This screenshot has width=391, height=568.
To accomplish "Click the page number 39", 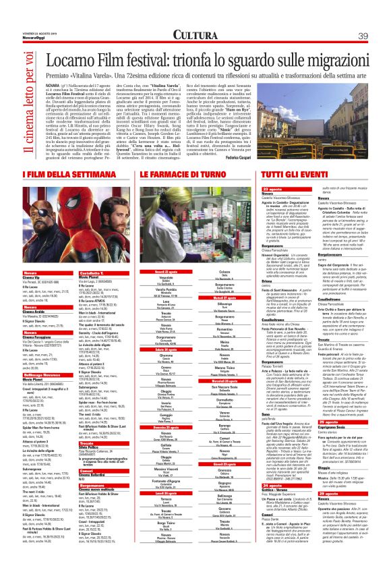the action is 363,35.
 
